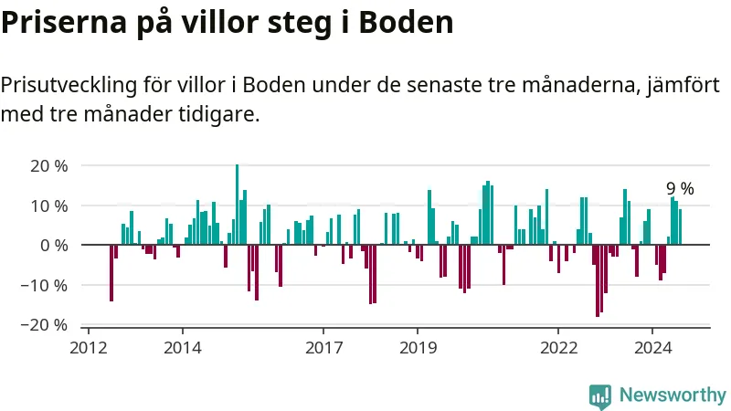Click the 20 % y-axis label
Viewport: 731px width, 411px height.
click(x=49, y=166)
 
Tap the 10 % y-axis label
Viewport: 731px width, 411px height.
click(x=49, y=205)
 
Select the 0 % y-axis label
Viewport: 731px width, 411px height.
click(x=54, y=246)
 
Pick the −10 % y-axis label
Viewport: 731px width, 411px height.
click(x=46, y=285)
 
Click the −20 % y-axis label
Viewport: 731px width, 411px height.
click(x=46, y=325)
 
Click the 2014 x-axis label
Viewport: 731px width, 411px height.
click(x=182, y=348)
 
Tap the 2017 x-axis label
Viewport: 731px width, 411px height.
click(x=323, y=348)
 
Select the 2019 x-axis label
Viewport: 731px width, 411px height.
click(x=417, y=348)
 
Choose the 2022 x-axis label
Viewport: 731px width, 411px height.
click(x=558, y=348)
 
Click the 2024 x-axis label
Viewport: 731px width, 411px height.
click(x=652, y=348)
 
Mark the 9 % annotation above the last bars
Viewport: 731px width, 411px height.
click(x=680, y=189)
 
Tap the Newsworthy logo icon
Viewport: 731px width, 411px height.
click(x=600, y=395)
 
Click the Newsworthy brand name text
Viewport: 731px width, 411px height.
click(x=673, y=395)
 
